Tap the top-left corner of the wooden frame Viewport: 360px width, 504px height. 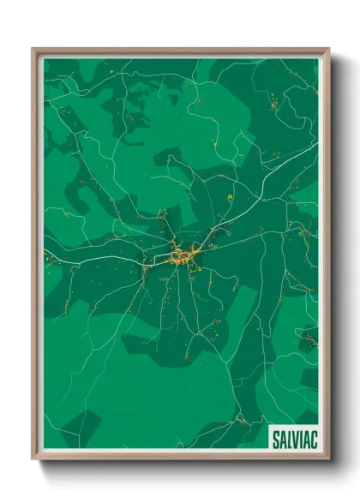(34, 50)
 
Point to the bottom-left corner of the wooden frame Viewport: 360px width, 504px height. (34, 459)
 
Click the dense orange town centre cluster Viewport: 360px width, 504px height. (182, 255)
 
